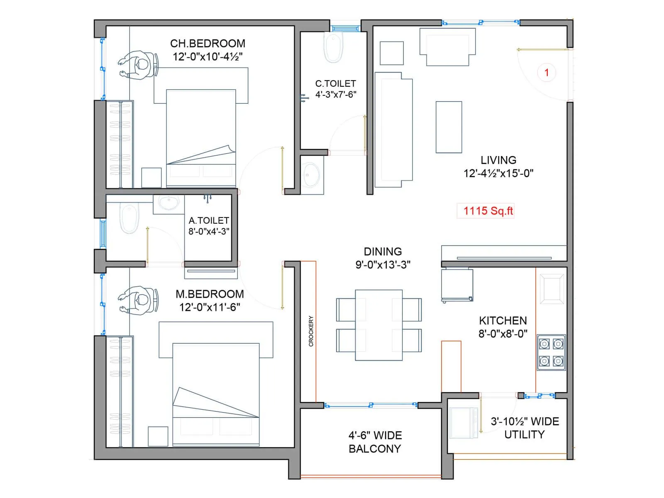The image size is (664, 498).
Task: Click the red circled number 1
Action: [x=546, y=73]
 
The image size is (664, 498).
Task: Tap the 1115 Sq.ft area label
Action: [x=488, y=211]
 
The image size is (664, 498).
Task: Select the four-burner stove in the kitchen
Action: [x=551, y=352]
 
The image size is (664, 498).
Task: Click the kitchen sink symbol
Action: [x=552, y=290]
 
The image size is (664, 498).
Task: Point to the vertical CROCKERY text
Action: [x=311, y=331]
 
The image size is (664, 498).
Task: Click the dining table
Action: [x=378, y=325]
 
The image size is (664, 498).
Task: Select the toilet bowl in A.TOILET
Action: [x=129, y=217]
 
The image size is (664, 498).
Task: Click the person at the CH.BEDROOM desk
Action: [x=139, y=65]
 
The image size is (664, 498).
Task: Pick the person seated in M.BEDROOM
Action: [x=139, y=300]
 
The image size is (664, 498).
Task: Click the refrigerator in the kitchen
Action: [x=457, y=285]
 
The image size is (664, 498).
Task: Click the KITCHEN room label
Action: [x=503, y=321]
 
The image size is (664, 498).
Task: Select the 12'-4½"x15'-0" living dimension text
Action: [x=498, y=173]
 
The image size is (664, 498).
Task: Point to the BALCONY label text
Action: [x=374, y=449]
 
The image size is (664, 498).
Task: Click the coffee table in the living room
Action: [x=449, y=127]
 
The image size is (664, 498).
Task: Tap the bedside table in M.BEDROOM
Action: [x=158, y=436]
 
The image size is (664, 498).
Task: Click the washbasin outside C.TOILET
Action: [x=311, y=175]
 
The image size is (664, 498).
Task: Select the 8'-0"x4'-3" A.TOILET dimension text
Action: [x=209, y=232]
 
